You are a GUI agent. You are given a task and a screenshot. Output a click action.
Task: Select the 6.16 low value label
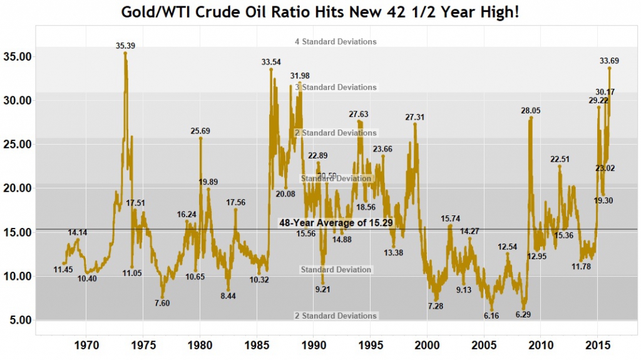[x=491, y=316]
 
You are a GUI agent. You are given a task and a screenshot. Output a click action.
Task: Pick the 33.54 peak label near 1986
[x=271, y=62]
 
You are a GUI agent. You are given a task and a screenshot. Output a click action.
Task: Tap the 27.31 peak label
[x=415, y=117]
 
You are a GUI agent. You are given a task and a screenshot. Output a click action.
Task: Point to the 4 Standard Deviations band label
[x=336, y=42]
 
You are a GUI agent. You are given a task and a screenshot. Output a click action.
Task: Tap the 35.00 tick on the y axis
[x=17, y=56]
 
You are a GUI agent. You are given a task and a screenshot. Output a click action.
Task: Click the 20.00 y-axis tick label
[x=17, y=188]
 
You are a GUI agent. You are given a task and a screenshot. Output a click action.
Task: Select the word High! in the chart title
[x=498, y=12]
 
